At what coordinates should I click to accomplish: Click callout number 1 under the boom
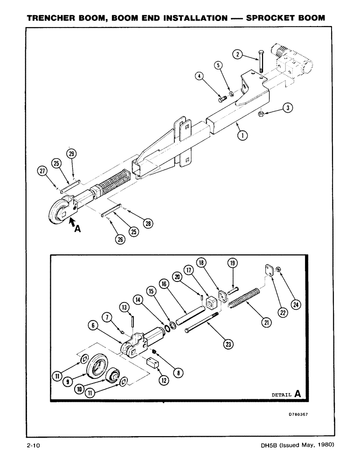pyautogui.click(x=242, y=136)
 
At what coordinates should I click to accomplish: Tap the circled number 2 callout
pyautogui.click(x=238, y=55)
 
